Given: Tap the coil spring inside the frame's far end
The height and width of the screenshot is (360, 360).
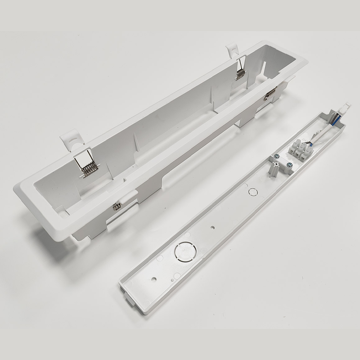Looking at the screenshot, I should (x=241, y=74).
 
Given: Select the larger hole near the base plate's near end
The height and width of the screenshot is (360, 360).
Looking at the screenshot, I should (x=154, y=279).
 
